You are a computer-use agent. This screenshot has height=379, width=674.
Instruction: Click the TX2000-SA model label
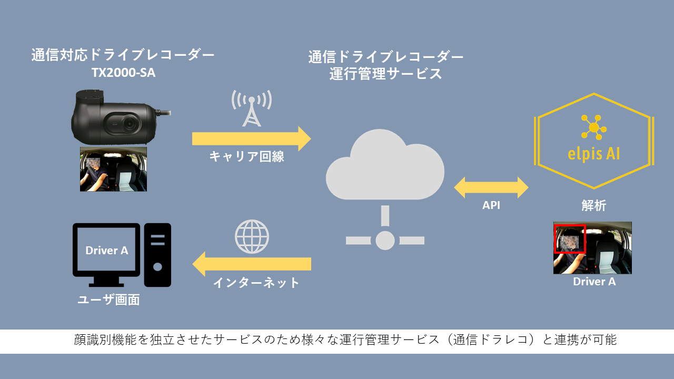pyautogui.click(x=123, y=73)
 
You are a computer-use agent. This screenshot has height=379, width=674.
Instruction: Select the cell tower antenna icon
pyautogui.click(x=252, y=108)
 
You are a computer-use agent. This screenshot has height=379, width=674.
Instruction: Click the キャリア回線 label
pyautogui.click(x=247, y=156)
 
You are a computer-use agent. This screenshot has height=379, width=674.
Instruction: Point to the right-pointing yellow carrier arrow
pyautogui.click(x=252, y=138)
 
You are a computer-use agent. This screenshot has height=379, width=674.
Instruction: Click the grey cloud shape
pyautogui.click(x=385, y=165)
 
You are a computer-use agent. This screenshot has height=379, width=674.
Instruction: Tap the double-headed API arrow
pyautogui.click(x=491, y=187)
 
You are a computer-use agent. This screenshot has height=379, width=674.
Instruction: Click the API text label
pyautogui.click(x=491, y=205)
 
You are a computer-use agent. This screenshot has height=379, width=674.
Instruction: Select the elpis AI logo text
pyautogui.click(x=593, y=154)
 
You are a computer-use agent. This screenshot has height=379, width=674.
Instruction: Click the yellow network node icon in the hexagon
pyautogui.click(x=593, y=127)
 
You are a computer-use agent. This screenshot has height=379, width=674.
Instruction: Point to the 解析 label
pyautogui.click(x=593, y=206)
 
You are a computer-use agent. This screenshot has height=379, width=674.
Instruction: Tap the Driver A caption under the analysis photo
pyautogui.click(x=594, y=282)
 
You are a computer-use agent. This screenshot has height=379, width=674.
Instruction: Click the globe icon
pyautogui.click(x=252, y=236)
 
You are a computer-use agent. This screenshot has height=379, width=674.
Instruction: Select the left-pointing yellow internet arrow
pyautogui.click(x=252, y=264)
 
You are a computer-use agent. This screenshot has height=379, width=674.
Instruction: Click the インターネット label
pyautogui.click(x=256, y=283)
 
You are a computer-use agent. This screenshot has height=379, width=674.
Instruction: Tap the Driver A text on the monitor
pyautogui.click(x=107, y=250)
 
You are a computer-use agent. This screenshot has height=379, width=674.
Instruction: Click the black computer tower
pyautogui.click(x=157, y=255)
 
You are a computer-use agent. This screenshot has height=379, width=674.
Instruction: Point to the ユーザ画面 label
pyautogui.click(x=108, y=300)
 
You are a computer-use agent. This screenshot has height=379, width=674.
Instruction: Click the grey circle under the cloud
pyautogui.click(x=385, y=241)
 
